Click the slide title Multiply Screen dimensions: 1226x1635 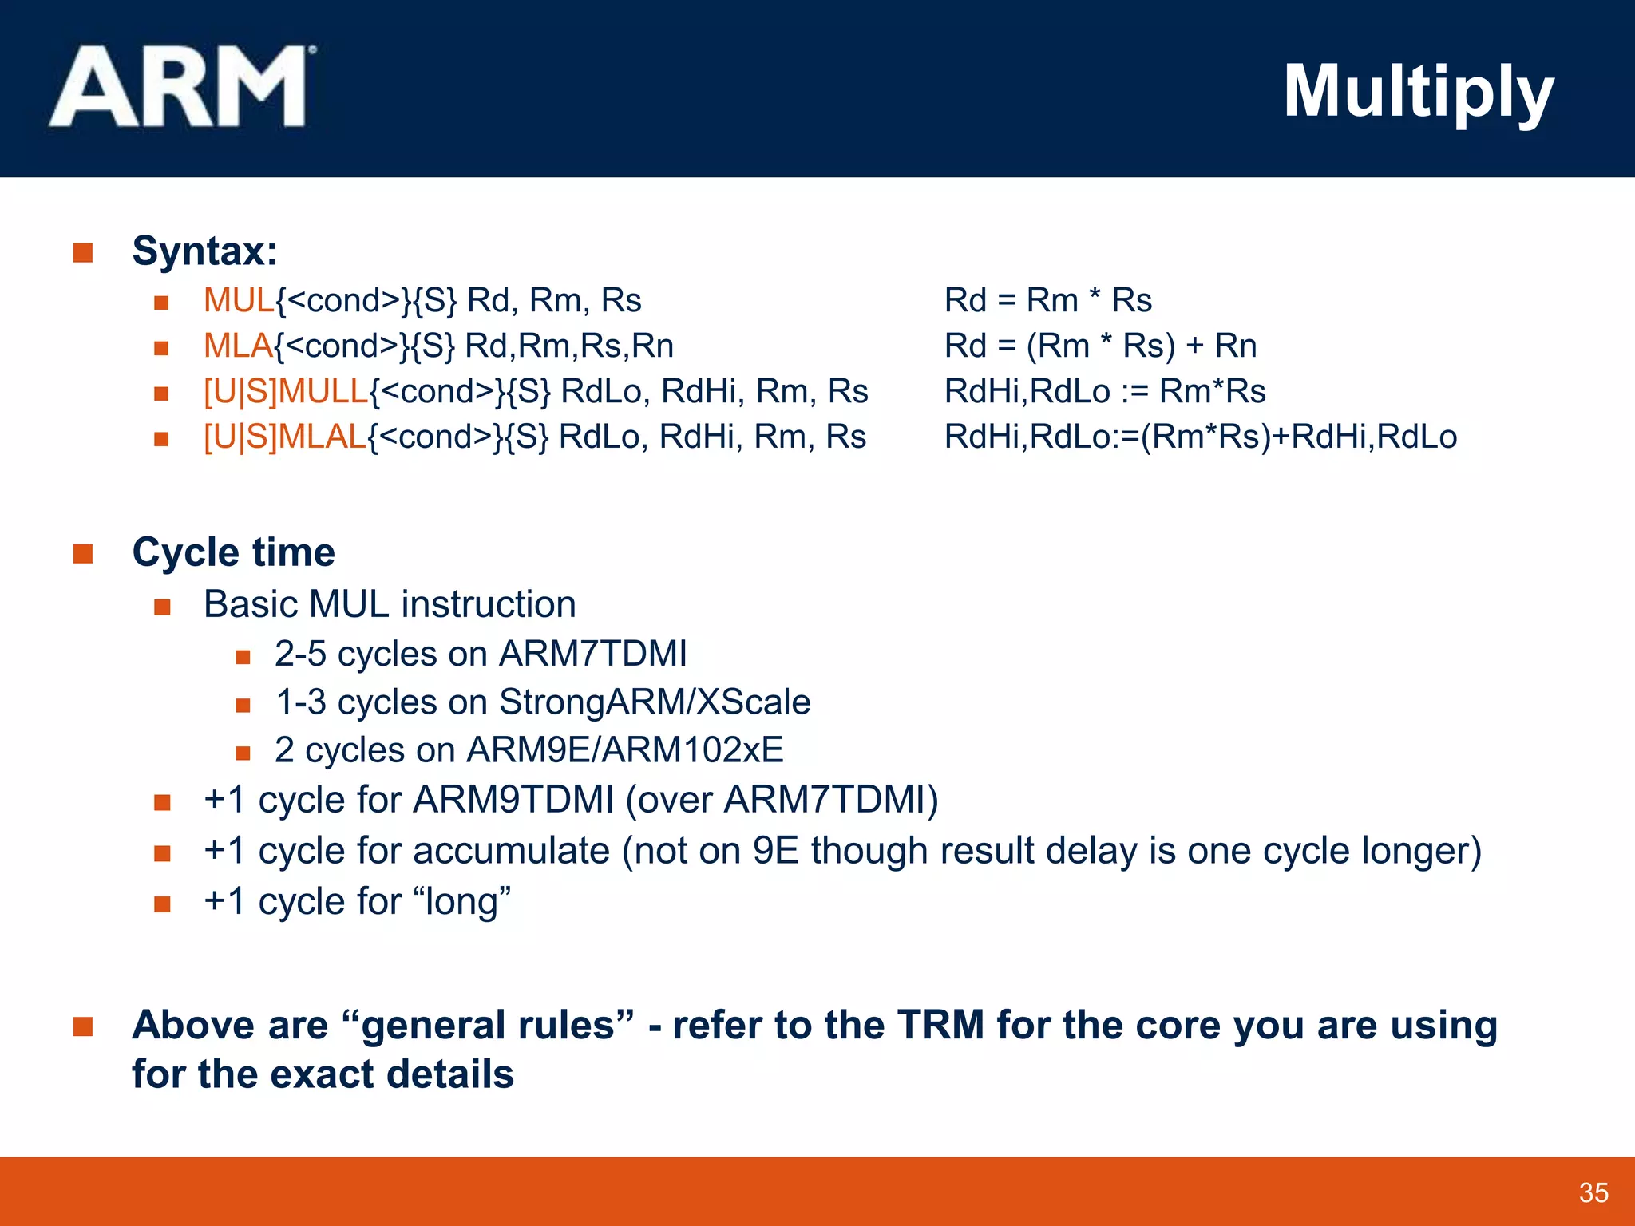pos(1418,93)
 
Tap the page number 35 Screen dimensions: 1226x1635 pos(1593,1192)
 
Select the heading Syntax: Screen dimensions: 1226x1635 pos(204,251)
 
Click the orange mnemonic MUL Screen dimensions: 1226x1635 pos(239,301)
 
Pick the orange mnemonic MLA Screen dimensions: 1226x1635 pos(238,346)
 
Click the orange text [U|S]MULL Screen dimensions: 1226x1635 pos(286,392)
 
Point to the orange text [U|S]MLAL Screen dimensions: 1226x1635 pos(285,437)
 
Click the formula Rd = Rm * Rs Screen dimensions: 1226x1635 pos(1047,301)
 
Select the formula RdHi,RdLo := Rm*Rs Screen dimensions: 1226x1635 pos(1105,392)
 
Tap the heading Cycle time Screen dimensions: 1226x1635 pos(233,552)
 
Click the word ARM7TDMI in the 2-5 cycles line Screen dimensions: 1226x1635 pos(592,654)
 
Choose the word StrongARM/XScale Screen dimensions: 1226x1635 pos(655,702)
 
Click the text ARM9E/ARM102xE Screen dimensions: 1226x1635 pos(624,750)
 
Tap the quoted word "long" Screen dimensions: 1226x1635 pos(462,902)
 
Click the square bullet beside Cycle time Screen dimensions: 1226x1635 pos(83,554)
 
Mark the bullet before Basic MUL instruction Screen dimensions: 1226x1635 pos(162,607)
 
